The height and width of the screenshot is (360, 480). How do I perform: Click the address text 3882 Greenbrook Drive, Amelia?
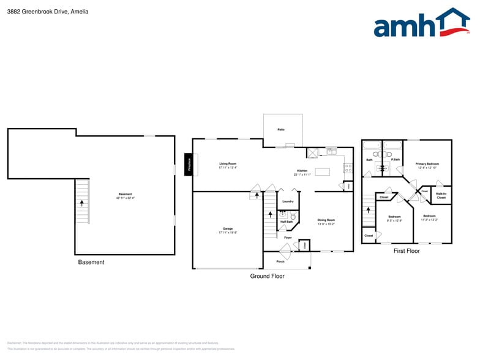48,12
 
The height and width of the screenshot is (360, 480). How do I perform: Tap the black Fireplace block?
189,164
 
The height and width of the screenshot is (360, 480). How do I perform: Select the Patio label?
280,130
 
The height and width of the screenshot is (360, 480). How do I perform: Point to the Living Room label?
228,163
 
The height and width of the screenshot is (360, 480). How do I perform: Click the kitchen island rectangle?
322,171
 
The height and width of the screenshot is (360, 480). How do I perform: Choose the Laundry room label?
288,201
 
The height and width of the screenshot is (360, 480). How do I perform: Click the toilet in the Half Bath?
293,216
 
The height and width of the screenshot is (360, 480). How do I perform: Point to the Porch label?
280,261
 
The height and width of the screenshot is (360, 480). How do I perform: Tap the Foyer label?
287,238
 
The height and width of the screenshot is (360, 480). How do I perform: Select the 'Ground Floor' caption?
267,276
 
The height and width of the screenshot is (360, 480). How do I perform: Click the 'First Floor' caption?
407,251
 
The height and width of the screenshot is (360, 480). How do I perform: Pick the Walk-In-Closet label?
441,195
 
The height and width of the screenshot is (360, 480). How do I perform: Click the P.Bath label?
396,160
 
